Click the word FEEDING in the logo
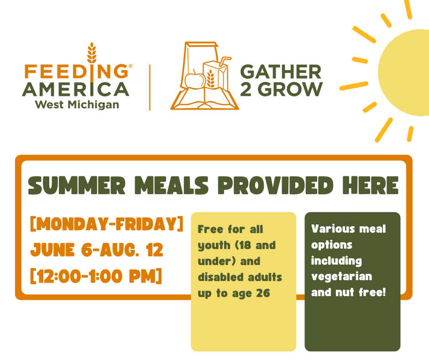pyautogui.click(x=76, y=71)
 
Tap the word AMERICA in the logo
pyautogui.click(x=75, y=90)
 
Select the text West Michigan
pyautogui.click(x=77, y=105)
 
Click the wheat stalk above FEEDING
pyautogui.click(x=92, y=53)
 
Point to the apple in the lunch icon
pyautogui.click(x=195, y=79)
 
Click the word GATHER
pyautogui.click(x=281, y=72)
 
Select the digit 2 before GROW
pyautogui.click(x=246, y=90)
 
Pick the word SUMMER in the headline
pyautogui.click(x=77, y=185)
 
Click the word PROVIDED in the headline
pyautogui.click(x=275, y=185)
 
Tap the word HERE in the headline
pyautogui.click(x=371, y=185)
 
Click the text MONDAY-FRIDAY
pyautogui.click(x=107, y=224)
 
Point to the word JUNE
pyautogui.click(x=52, y=250)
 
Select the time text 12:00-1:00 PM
pyautogui.click(x=96, y=276)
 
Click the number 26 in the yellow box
pyautogui.click(x=263, y=293)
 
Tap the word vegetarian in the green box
pyautogui.click(x=342, y=277)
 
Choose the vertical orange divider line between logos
pyautogui.click(x=150, y=88)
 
